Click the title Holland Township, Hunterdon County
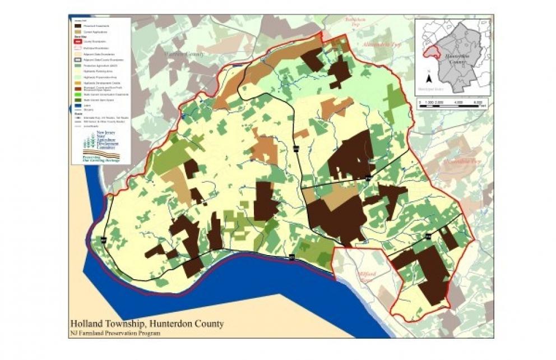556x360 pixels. (146, 324)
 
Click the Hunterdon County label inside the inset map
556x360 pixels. (455, 59)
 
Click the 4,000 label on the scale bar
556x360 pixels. (459, 101)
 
